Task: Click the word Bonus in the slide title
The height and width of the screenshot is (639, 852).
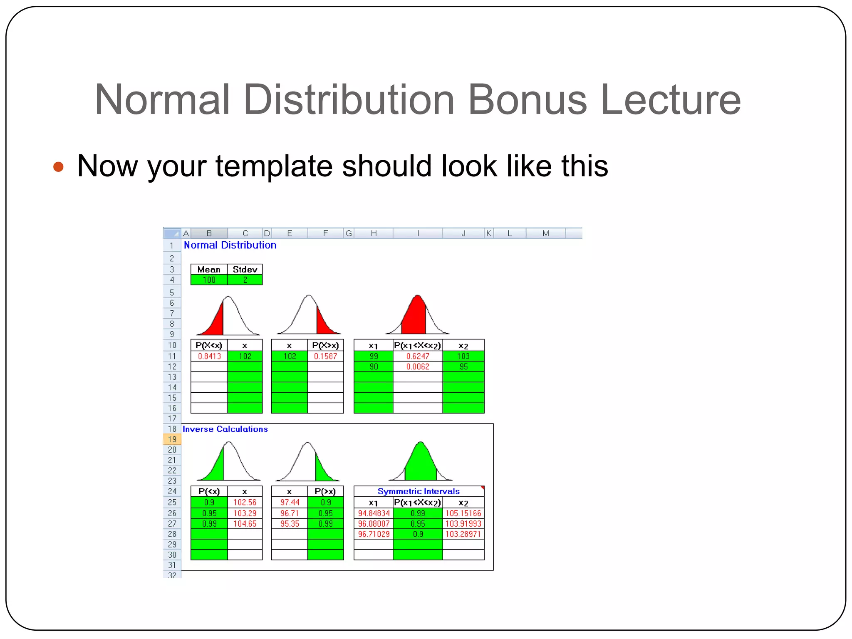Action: click(527, 100)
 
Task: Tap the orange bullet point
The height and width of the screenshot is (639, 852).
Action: click(59, 167)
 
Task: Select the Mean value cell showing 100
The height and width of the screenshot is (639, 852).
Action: click(209, 280)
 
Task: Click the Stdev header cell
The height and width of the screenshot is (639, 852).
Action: click(245, 270)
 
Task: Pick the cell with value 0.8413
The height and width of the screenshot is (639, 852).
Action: click(209, 357)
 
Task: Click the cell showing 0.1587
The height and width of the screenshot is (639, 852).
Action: click(325, 357)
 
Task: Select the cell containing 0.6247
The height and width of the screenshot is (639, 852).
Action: click(418, 357)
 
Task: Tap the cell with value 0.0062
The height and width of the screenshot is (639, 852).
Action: click(418, 367)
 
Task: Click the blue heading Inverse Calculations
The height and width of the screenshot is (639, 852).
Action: click(225, 429)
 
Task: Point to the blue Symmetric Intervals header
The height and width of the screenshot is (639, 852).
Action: click(419, 491)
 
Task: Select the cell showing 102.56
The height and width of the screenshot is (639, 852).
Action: click(245, 503)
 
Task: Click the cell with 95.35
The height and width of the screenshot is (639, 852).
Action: click(290, 524)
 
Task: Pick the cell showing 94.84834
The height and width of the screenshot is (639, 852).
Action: click(374, 513)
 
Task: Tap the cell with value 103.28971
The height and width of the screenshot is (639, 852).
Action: click(463, 534)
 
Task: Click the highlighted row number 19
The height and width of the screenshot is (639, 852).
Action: click(172, 439)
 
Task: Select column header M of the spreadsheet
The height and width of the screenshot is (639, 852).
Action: click(546, 233)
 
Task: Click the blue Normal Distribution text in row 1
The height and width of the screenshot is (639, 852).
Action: click(230, 245)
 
